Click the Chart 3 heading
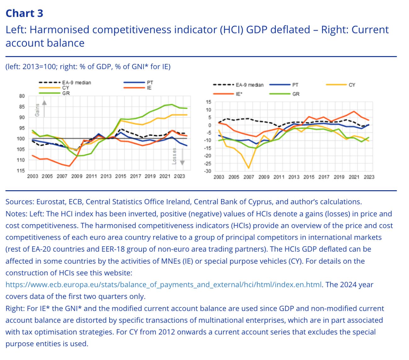point(24,13)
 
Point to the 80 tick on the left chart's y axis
point(22,96)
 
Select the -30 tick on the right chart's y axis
point(207,171)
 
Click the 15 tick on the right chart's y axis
point(208,102)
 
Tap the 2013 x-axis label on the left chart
point(106,176)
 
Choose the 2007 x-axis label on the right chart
point(249,177)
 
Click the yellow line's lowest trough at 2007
point(249,168)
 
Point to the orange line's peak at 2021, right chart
point(354,111)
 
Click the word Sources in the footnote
point(20,202)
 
